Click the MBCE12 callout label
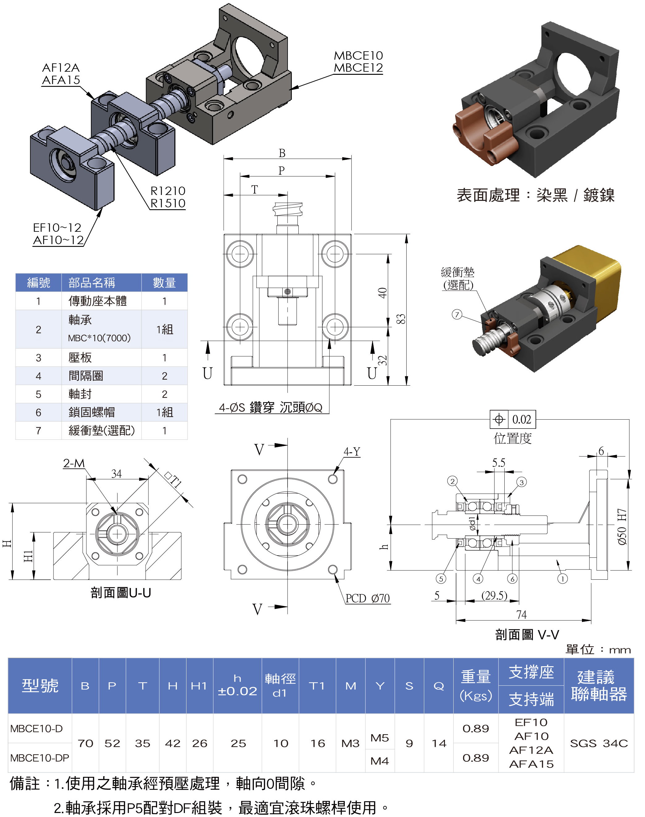pos(358,68)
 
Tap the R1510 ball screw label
pos(168,203)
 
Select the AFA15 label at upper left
pos(61,80)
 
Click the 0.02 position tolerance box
pos(521,419)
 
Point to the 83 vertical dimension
pos(401,319)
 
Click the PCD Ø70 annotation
pos(367,598)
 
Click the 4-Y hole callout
pos(352,451)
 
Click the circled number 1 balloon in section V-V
pos(562,579)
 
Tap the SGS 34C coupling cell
pos(599,743)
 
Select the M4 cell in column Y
pos(379,761)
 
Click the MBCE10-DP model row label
pos(40,758)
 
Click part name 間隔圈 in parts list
pos(86,376)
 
